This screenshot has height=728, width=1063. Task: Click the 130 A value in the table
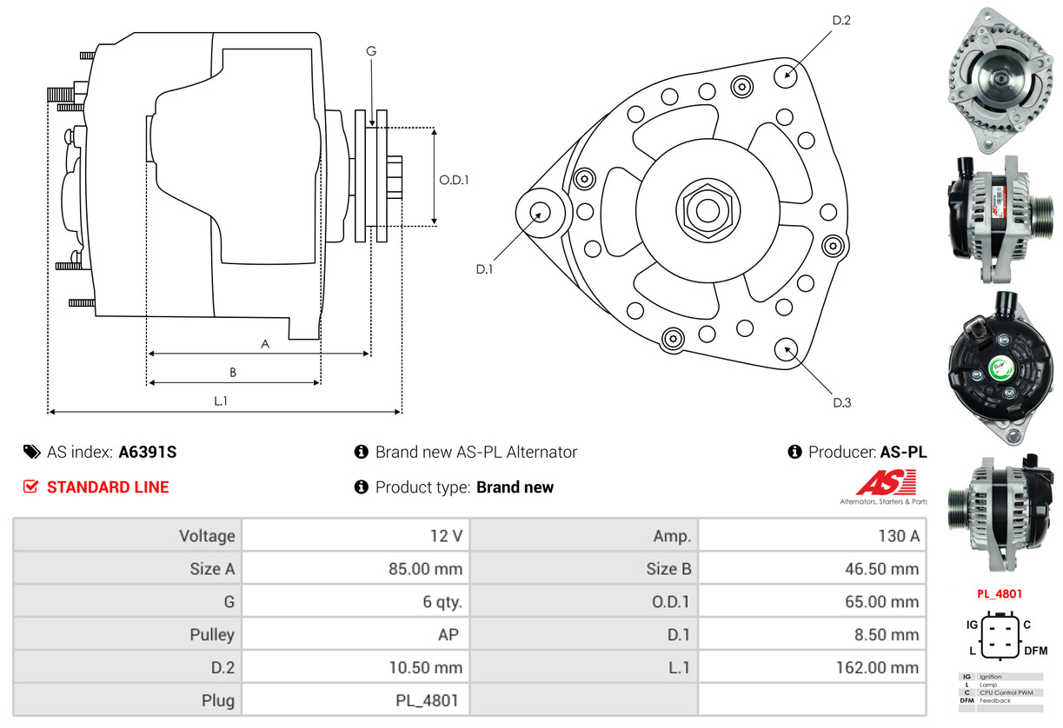click(x=899, y=536)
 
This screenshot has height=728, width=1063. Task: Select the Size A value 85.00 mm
click(x=425, y=569)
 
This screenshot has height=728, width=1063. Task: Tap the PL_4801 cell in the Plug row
click(x=427, y=700)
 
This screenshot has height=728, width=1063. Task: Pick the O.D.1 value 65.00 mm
click(x=881, y=601)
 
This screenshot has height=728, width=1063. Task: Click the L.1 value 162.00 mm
click(x=878, y=667)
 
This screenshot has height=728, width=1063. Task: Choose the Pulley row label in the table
click(x=212, y=634)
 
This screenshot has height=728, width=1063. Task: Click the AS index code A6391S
click(x=147, y=452)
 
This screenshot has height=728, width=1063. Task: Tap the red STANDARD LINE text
click(x=108, y=487)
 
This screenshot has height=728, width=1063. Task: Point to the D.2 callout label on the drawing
click(x=841, y=20)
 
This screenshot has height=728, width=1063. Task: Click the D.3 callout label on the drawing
click(x=842, y=402)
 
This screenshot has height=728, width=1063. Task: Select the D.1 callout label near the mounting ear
click(x=484, y=269)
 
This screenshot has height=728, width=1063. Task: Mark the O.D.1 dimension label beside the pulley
click(x=454, y=180)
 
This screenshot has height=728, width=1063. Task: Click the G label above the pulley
click(x=371, y=50)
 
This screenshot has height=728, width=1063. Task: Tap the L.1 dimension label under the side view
click(x=221, y=401)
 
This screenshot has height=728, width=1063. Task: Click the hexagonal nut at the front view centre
click(x=708, y=210)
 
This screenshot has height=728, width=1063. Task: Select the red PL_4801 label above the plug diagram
click(x=999, y=594)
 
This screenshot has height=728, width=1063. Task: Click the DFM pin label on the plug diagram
click(x=1035, y=651)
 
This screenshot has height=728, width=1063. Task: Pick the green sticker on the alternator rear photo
click(x=1000, y=368)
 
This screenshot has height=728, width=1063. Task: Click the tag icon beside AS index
click(x=32, y=452)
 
